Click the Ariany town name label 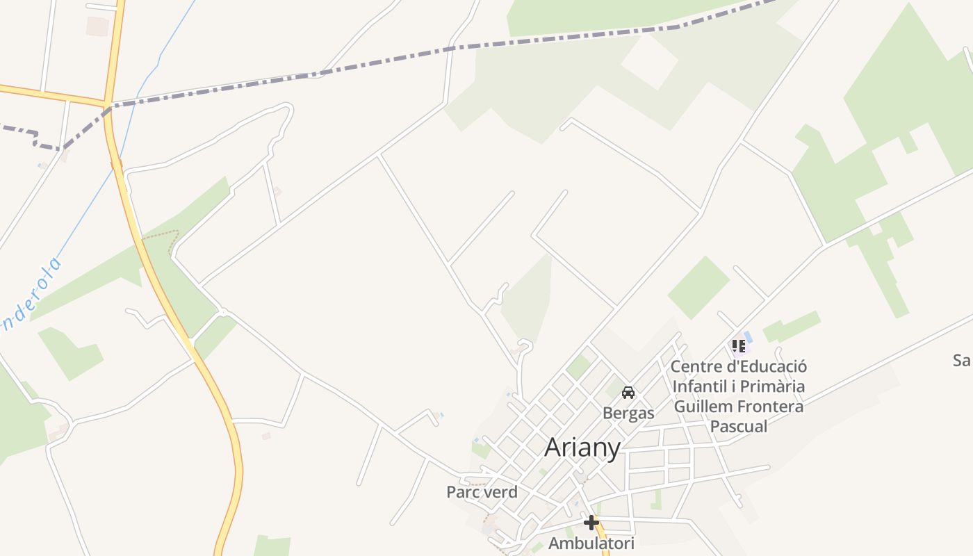coord(582,448)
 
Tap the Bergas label coord(628,413)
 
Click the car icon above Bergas coord(628,393)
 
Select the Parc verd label coord(482,492)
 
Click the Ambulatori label coord(591,543)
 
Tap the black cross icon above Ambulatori coord(591,522)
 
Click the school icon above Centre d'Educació coord(738,345)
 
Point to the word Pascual coord(739,426)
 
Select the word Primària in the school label coord(773,386)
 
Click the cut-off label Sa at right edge coord(962,360)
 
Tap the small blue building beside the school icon coord(748,337)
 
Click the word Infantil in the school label coord(704,386)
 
